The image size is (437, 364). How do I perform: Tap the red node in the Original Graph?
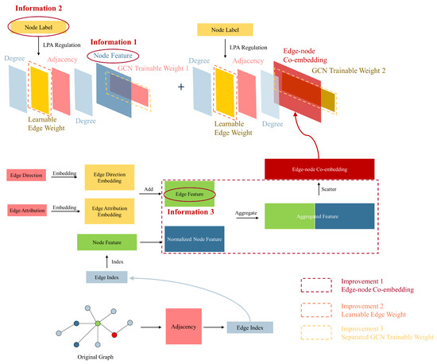tap(114, 326)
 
